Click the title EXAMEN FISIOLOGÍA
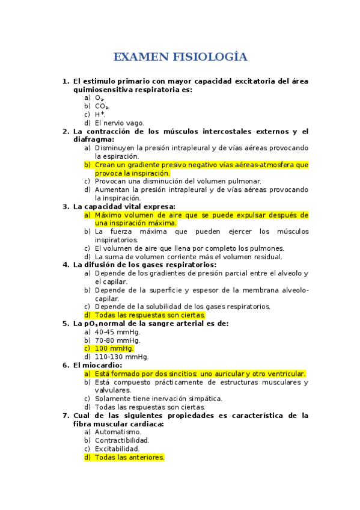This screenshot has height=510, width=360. [x=180, y=57]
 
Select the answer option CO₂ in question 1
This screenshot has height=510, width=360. [x=102, y=106]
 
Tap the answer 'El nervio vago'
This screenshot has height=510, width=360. [x=120, y=123]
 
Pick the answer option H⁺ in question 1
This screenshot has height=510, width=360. [x=100, y=115]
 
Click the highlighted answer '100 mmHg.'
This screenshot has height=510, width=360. [x=114, y=348]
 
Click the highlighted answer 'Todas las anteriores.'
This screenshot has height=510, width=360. [x=130, y=457]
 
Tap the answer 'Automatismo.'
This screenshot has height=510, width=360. [x=118, y=432]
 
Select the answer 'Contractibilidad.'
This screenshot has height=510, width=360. [x=122, y=440]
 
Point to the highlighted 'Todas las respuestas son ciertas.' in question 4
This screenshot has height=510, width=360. [x=150, y=315]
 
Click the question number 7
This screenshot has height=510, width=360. [x=66, y=416]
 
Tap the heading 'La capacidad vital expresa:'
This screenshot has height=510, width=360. [x=124, y=206]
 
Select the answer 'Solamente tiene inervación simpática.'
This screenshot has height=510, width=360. [x=159, y=398]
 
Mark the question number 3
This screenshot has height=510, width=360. [x=66, y=206]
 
